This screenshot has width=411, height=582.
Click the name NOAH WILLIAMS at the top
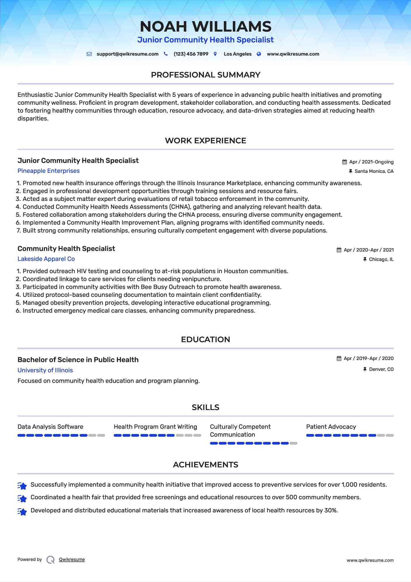click(x=205, y=27)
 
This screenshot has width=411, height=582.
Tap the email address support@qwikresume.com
click(x=127, y=54)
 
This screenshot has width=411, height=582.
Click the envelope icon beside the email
click(x=89, y=54)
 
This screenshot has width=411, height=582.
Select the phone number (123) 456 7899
click(x=191, y=54)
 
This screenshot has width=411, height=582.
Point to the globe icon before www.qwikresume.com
click(x=259, y=54)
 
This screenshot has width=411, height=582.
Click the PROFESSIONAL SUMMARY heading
click(x=205, y=75)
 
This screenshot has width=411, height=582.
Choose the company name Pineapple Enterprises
click(x=48, y=171)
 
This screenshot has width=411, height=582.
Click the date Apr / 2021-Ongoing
click(x=371, y=162)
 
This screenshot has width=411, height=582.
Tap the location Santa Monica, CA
click(x=374, y=171)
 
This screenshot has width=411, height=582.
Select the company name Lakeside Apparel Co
click(x=46, y=259)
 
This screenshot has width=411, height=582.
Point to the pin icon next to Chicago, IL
click(x=365, y=259)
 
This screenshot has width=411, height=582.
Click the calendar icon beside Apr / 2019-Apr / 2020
click(x=339, y=359)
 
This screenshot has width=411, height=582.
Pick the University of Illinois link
click(x=45, y=370)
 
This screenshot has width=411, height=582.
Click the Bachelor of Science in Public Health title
click(x=78, y=360)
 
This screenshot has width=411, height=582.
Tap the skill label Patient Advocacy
click(x=331, y=427)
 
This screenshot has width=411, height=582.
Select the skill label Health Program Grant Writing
click(x=155, y=427)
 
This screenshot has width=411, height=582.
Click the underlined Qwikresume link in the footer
click(x=72, y=559)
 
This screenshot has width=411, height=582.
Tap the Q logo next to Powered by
click(x=51, y=560)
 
